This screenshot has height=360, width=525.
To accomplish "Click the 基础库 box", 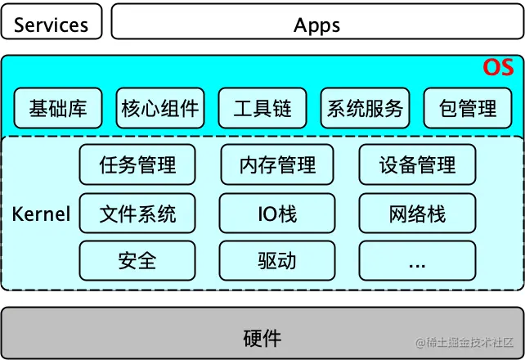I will (58, 108).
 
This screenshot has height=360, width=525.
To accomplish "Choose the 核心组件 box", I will (160, 108).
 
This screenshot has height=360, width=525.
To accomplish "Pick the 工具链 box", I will (262, 108).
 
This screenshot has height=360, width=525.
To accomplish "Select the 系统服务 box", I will (365, 108).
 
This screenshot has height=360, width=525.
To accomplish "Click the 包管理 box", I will (467, 108).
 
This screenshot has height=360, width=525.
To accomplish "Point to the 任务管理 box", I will (137, 165).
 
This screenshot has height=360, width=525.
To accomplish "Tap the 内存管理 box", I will (278, 165).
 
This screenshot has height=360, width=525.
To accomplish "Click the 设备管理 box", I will (417, 165).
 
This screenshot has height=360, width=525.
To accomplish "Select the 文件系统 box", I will (137, 214).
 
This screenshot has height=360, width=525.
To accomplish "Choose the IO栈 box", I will (278, 214).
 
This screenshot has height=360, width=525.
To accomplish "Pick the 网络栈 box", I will (417, 214).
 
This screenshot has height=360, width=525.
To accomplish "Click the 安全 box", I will (137, 261).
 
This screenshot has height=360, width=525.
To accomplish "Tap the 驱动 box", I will (278, 261).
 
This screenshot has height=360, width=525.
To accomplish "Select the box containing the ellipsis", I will (417, 261).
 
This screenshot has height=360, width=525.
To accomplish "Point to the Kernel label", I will (41, 214).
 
